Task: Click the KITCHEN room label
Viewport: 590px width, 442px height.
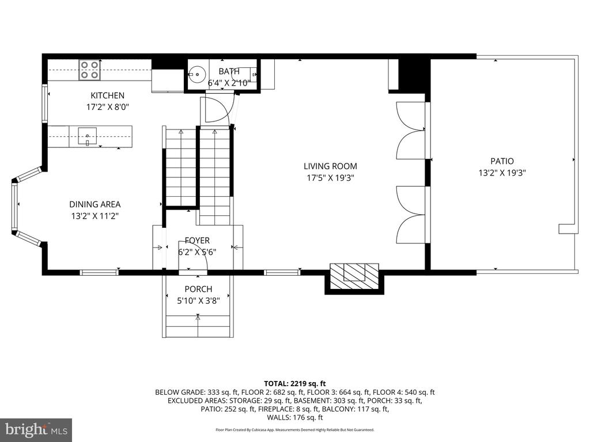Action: click(x=107, y=96)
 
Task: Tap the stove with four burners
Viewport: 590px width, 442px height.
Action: click(x=89, y=70)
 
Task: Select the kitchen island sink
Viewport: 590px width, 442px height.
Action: click(x=88, y=136)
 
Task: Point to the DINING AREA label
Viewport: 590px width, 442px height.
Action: click(x=95, y=204)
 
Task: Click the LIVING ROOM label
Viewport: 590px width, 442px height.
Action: click(x=330, y=166)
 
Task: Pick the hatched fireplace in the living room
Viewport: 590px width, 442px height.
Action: click(x=354, y=276)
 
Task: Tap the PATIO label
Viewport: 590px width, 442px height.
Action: click(x=502, y=161)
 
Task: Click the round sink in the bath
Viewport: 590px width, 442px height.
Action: click(x=196, y=74)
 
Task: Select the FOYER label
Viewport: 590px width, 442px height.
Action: click(x=197, y=241)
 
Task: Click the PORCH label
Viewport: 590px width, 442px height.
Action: click(x=198, y=289)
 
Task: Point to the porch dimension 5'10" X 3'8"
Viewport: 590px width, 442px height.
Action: click(x=198, y=300)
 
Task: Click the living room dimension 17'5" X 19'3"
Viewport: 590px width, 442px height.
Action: click(x=331, y=178)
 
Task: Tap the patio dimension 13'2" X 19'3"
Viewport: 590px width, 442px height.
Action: click(x=502, y=173)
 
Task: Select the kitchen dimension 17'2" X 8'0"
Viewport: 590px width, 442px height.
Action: click(x=108, y=107)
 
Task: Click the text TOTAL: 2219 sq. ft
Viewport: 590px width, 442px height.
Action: click(x=294, y=384)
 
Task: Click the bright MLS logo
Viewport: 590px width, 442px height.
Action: click(x=36, y=429)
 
